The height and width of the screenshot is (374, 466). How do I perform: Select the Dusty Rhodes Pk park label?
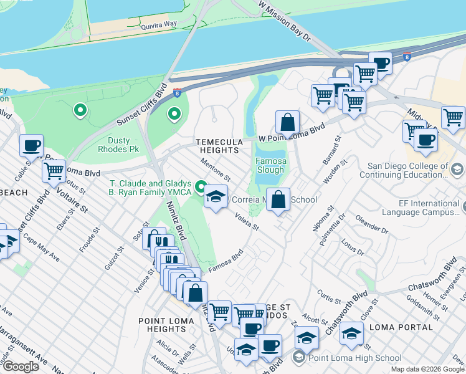118,145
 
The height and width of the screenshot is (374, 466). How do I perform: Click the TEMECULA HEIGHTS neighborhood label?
218,146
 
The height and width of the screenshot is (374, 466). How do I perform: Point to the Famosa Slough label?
270,165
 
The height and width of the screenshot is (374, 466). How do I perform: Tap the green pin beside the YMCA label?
201,186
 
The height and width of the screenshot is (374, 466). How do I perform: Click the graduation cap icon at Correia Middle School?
216,197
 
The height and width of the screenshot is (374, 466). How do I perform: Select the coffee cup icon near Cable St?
31,146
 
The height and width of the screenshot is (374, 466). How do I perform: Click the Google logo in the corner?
20,367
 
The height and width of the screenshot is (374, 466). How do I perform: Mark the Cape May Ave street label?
41,248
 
